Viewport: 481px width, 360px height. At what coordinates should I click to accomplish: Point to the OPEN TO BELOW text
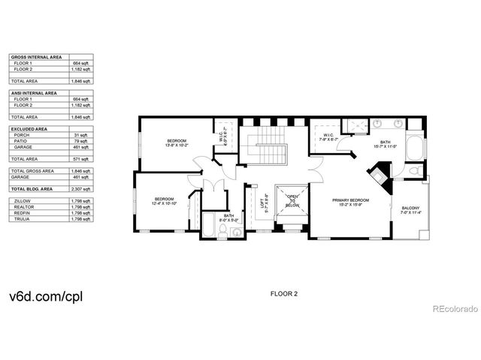pos(291,199)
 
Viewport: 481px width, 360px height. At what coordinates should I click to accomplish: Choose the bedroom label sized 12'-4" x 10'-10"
pos(163,201)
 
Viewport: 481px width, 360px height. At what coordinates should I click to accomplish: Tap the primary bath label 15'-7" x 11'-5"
pos(385,144)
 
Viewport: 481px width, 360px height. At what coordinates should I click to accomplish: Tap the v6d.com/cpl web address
pos(44,296)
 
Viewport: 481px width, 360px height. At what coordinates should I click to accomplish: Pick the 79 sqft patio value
pos(83,141)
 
